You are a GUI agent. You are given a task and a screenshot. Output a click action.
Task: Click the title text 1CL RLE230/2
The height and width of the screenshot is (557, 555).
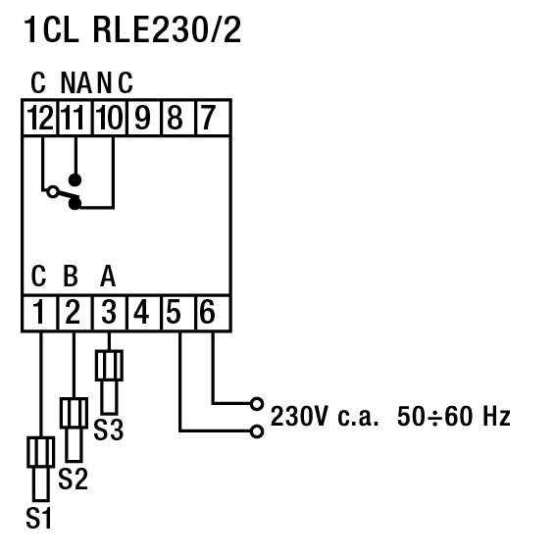tap(132, 29)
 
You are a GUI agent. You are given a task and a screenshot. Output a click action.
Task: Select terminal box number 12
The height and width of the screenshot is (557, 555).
tap(40, 118)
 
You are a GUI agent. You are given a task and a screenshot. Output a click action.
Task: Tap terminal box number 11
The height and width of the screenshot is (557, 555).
tap(75, 118)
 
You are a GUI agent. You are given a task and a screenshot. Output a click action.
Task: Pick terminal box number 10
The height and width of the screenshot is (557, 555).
tap(109, 118)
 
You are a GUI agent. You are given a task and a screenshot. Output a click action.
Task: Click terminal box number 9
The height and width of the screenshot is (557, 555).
tap(143, 118)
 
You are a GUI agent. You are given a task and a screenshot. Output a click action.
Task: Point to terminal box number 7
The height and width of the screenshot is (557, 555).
tap(213, 118)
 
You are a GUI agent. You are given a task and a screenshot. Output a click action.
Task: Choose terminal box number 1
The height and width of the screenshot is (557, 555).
tap(39, 313)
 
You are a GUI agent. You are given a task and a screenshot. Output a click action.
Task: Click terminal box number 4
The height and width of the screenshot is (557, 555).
tap(143, 313)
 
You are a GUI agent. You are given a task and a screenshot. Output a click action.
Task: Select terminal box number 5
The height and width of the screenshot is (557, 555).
tap(178, 313)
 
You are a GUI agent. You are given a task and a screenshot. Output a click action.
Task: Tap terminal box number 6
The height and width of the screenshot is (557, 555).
tap(213, 313)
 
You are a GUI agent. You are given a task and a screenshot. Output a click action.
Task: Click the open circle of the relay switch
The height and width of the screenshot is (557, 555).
tap(53, 192)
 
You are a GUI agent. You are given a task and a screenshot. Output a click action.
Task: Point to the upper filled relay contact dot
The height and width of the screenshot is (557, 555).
tap(75, 180)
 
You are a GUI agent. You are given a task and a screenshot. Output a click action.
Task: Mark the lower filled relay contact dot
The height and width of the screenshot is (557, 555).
tap(75, 204)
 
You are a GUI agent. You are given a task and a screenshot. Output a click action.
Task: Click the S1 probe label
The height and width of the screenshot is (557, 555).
tap(38, 519)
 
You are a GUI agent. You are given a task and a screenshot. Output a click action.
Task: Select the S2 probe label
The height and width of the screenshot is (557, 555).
tap(73, 479)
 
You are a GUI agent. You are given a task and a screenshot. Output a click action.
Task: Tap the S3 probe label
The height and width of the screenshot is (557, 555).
tap(109, 430)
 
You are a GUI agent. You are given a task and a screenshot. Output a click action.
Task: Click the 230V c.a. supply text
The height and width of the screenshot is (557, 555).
tap(324, 416)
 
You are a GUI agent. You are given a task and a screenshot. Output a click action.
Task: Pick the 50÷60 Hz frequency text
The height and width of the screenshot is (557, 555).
tap(454, 416)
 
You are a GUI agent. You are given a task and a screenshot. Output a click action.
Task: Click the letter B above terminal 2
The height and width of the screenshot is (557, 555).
tap(71, 276)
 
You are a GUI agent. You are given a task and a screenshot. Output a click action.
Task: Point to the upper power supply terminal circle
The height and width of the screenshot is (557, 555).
tap(257, 404)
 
